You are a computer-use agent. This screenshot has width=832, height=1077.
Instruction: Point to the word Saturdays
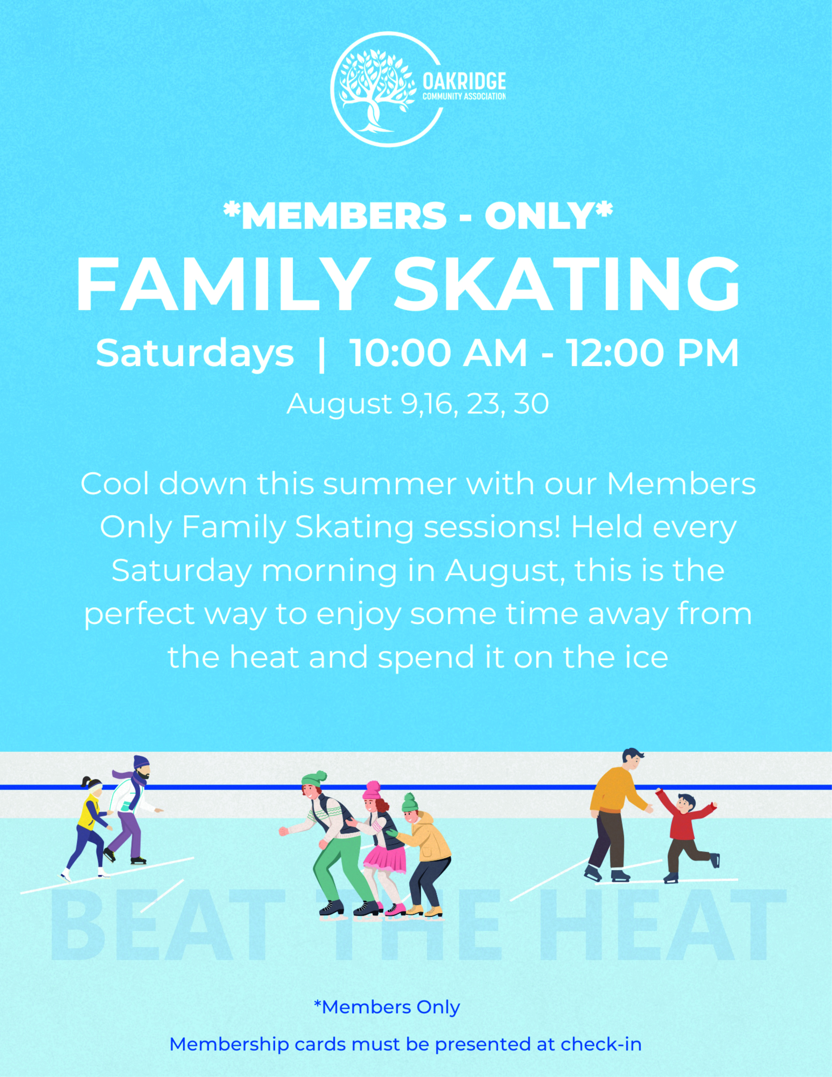[195, 353]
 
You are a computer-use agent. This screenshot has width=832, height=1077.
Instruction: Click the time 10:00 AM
[438, 353]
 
